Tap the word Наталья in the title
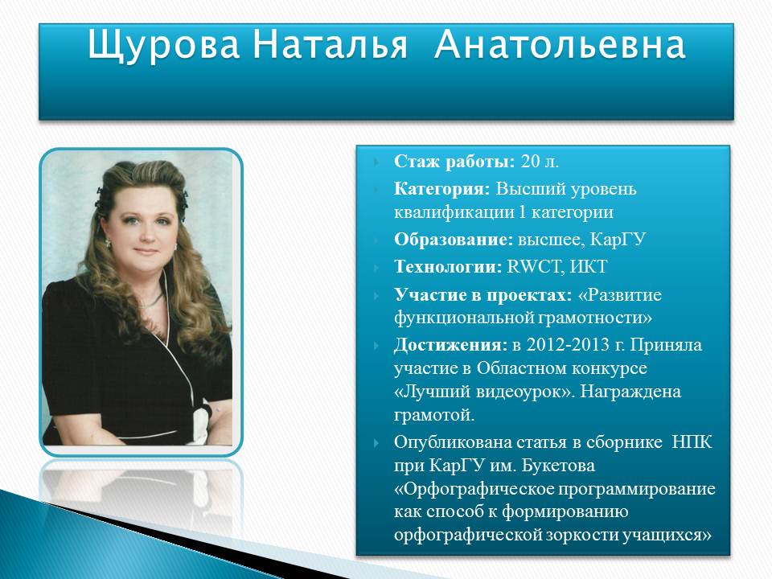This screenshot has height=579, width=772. click(331, 45)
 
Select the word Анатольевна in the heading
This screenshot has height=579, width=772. click(560, 45)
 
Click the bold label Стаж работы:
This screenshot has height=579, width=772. click(454, 162)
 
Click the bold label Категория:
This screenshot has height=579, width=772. click(441, 189)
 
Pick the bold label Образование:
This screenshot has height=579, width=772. click(454, 240)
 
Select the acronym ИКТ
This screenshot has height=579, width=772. click(588, 266)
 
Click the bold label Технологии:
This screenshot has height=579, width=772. click(448, 266)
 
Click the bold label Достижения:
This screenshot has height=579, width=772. click(450, 345)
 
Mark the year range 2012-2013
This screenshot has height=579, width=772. click(568, 345)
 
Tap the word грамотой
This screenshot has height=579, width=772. click(434, 416)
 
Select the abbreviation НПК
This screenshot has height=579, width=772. click(692, 441)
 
